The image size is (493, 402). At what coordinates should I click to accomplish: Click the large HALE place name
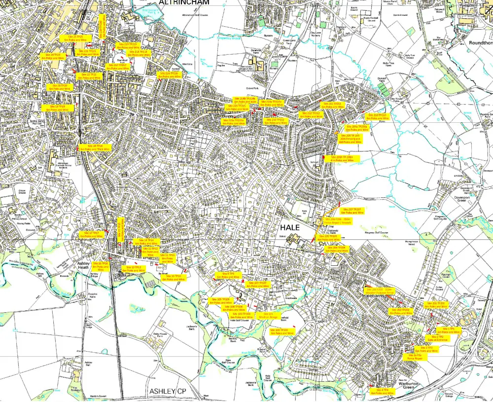point(290,227)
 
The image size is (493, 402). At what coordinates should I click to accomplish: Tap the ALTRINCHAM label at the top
point(184,2)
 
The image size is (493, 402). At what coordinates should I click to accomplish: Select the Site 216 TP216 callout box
point(170,75)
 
